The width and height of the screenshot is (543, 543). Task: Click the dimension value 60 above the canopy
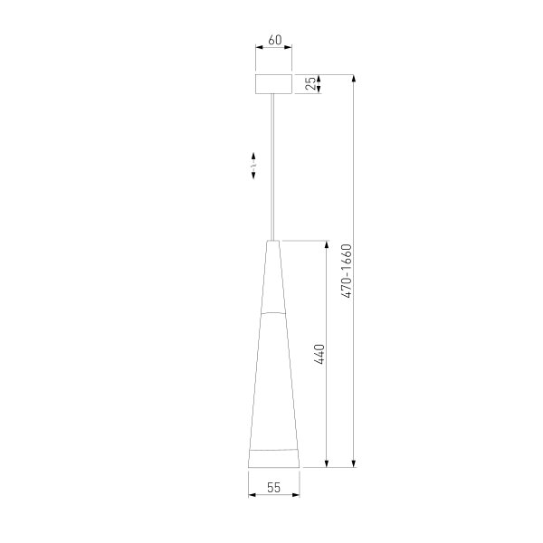pos(275,40)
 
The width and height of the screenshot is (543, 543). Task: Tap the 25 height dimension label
pos(311,83)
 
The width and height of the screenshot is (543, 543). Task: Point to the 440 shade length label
pos(319,354)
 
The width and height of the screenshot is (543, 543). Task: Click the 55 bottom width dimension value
pos(274,487)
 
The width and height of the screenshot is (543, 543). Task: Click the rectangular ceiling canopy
pos(274,83)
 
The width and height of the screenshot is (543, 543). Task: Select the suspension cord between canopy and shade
pos(274,163)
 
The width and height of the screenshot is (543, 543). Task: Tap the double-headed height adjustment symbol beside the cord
pos(254,167)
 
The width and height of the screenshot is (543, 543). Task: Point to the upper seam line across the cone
pos(274,312)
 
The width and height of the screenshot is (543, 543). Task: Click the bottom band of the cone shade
pos(274,458)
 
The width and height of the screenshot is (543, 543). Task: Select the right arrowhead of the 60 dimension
pos(290,51)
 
